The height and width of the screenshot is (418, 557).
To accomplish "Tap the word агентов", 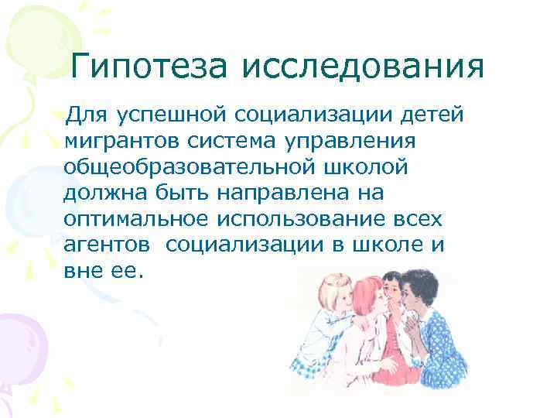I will (108, 244).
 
